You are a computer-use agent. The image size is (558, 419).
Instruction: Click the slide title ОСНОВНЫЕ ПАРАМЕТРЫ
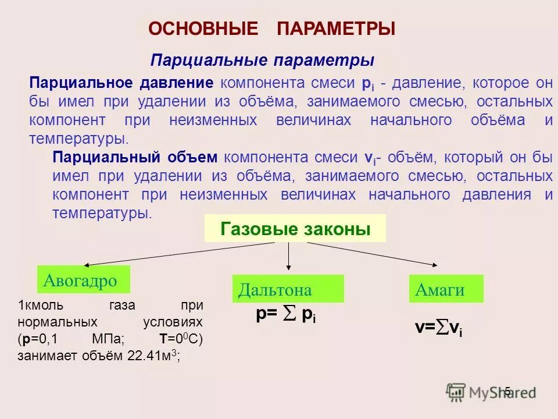[271, 29]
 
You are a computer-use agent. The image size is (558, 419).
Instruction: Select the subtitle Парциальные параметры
[262, 61]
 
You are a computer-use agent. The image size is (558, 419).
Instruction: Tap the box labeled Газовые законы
[295, 229]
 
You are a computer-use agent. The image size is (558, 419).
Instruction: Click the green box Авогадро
[83, 280]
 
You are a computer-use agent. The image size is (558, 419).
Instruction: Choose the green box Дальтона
[288, 289]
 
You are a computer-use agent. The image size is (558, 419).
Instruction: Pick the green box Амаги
[446, 289]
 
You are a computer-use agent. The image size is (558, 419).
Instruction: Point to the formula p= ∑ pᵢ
[285, 315]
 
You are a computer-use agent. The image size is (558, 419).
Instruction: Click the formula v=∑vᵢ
[439, 329]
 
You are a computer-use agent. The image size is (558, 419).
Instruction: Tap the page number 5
[507, 391]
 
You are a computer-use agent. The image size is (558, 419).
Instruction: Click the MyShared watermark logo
[490, 392]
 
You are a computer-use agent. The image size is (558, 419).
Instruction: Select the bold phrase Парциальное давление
[121, 83]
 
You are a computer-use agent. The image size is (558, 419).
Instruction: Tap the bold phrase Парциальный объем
[135, 158]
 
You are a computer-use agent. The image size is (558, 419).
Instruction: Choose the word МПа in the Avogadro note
[106, 339]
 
